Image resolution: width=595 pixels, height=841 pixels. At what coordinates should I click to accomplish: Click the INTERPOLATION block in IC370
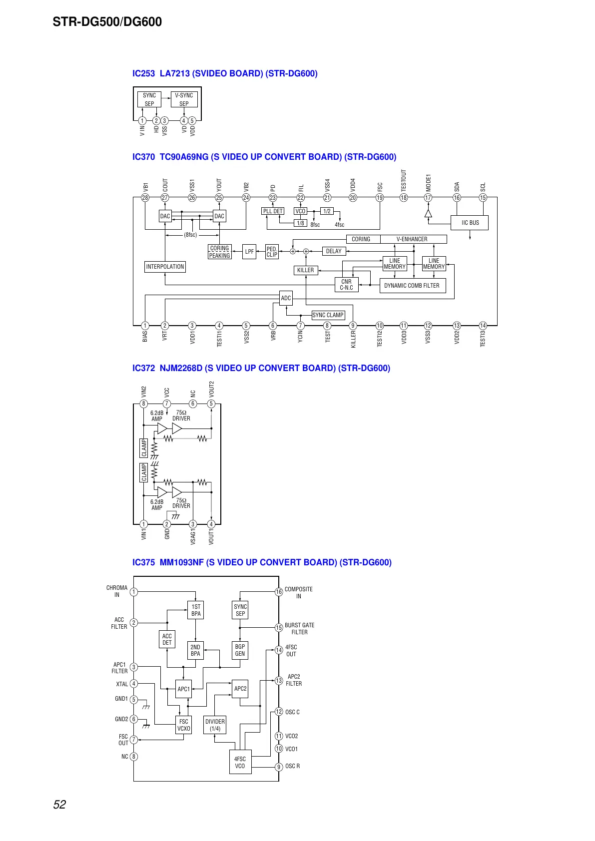click(x=165, y=267)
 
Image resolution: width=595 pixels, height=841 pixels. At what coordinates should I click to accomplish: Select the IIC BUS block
click(x=470, y=223)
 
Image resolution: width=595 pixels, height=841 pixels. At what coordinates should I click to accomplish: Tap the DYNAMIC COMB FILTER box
click(x=412, y=286)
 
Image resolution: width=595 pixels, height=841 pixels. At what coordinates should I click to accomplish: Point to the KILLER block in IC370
click(x=305, y=270)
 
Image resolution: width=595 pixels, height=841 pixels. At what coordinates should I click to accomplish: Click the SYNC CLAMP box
click(x=328, y=315)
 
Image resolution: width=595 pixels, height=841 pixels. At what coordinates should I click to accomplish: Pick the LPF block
click(x=249, y=252)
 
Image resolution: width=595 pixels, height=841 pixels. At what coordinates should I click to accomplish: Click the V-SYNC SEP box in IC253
click(x=184, y=99)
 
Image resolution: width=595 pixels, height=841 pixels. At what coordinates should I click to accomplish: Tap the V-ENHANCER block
click(x=413, y=239)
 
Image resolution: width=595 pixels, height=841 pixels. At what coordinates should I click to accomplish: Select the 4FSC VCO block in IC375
click(x=240, y=762)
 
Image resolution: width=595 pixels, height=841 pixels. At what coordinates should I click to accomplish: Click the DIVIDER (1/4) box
click(x=215, y=725)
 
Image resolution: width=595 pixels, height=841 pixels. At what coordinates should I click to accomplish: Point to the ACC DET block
click(x=167, y=639)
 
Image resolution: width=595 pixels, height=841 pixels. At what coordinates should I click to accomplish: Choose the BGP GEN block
click(x=240, y=650)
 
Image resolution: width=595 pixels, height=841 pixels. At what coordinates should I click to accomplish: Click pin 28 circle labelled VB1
click(x=145, y=198)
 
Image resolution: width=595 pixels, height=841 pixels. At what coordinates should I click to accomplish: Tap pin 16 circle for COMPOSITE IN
click(x=279, y=592)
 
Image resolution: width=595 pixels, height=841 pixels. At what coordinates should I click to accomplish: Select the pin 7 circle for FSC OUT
click(x=134, y=740)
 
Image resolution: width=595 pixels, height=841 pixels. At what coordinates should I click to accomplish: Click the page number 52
click(x=59, y=805)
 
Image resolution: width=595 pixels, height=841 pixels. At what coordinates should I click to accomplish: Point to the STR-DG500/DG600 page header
click(x=107, y=22)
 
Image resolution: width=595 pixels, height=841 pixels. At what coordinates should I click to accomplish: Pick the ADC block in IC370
click(x=286, y=298)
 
